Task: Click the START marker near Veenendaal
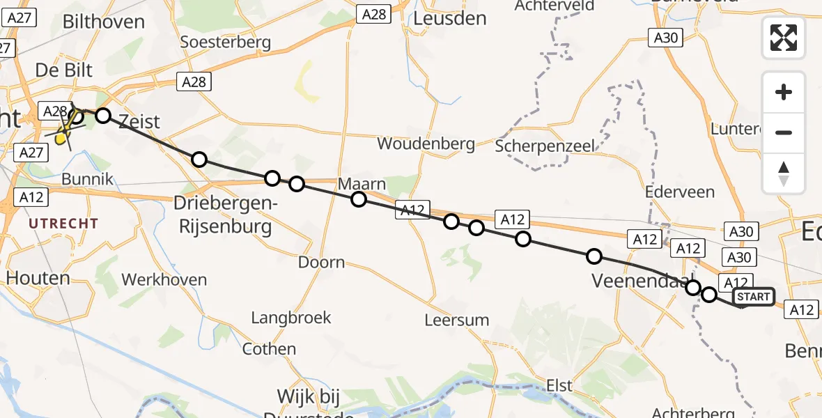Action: tap(754, 297)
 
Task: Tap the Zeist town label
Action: tap(139, 121)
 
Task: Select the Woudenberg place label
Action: tap(426, 144)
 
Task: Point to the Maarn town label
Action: tap(362, 185)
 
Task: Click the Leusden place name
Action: tap(449, 19)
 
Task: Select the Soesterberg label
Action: tap(225, 42)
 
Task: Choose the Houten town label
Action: tap(38, 278)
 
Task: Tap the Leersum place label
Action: tap(457, 320)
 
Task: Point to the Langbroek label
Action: tap(291, 318)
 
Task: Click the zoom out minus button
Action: tap(784, 132)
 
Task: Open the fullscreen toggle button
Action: tap(784, 38)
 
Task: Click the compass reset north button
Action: tap(784, 173)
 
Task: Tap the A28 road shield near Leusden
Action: tap(374, 14)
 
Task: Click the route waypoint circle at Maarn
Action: tap(358, 199)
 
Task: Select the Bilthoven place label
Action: tap(104, 22)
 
